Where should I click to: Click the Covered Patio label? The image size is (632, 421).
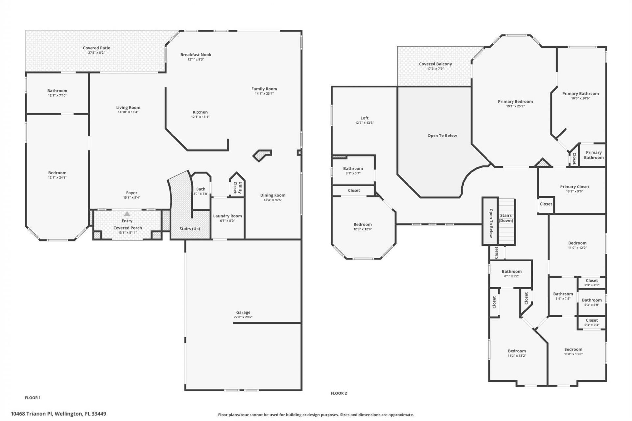pyautogui.click(x=96, y=48)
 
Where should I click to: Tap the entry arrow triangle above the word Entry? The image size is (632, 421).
pyautogui.click(x=127, y=214)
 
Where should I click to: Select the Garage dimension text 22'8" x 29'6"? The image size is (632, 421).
pyautogui.click(x=243, y=317)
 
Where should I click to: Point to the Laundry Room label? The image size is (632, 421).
pyautogui.click(x=227, y=216)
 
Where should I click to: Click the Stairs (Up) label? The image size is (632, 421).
pyautogui.click(x=190, y=229)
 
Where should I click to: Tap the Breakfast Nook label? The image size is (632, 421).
pyautogui.click(x=196, y=55)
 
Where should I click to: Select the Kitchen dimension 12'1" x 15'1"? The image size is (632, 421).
pyautogui.click(x=200, y=117)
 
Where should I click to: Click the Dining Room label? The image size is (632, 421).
pyautogui.click(x=273, y=195)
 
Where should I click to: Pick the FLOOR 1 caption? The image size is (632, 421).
pyautogui.click(x=33, y=398)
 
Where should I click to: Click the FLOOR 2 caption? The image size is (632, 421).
pyautogui.click(x=339, y=393)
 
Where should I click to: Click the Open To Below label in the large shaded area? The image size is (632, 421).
pyautogui.click(x=442, y=136)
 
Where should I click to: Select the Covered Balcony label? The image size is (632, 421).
pyautogui.click(x=435, y=64)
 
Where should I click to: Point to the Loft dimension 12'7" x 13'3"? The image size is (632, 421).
pyautogui.click(x=364, y=123)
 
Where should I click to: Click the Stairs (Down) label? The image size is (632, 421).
pyautogui.click(x=506, y=218)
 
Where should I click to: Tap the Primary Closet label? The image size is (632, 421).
pyautogui.click(x=574, y=186)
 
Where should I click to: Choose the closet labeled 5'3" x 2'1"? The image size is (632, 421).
pyautogui.click(x=592, y=283)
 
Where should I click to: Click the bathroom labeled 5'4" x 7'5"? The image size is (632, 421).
pyautogui.click(x=563, y=296)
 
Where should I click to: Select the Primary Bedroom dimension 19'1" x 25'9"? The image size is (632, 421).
pyautogui.click(x=515, y=106)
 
